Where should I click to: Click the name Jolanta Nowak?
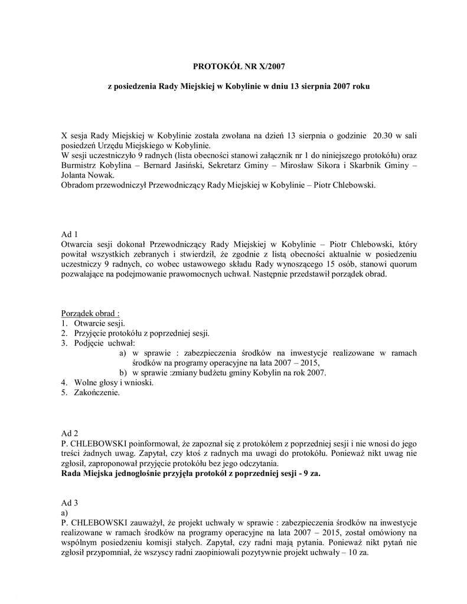pos(88,175)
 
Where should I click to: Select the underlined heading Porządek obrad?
pos(90,313)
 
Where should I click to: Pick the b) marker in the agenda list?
pos(123,373)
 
